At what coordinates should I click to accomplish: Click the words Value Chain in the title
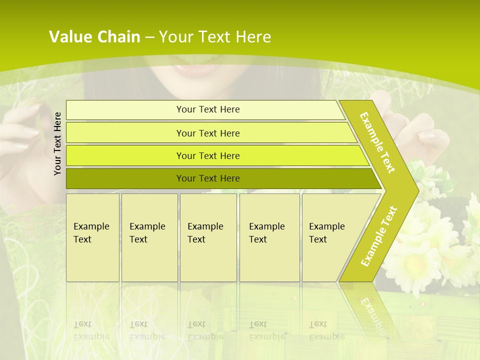(x=94, y=37)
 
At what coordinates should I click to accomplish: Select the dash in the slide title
(x=149, y=37)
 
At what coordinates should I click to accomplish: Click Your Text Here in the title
(x=215, y=37)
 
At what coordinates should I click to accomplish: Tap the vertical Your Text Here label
(x=57, y=143)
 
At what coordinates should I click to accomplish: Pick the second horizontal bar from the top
(x=207, y=133)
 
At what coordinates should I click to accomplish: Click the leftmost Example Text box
(x=92, y=237)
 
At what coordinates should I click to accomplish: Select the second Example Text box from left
(x=149, y=237)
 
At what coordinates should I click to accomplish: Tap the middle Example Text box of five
(x=208, y=237)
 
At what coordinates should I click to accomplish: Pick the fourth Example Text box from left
(x=269, y=237)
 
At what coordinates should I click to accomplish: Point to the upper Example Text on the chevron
(x=377, y=142)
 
